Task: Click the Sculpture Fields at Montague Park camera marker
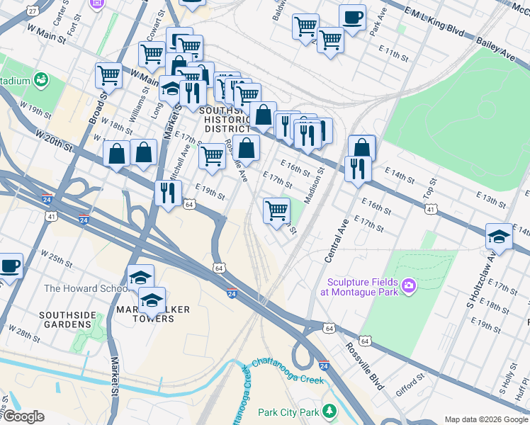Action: click(x=407, y=285)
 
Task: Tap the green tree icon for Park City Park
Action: click(x=329, y=411)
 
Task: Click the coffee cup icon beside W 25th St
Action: click(x=9, y=266)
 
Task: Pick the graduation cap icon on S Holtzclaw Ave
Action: click(x=500, y=237)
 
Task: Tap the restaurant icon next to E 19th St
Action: click(x=169, y=193)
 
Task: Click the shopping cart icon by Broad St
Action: click(x=109, y=75)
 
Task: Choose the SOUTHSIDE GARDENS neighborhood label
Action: click(x=66, y=319)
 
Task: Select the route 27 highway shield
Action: click(x=33, y=11)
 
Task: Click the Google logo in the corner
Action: click(x=23, y=416)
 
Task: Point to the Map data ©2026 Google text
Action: click(x=486, y=419)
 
